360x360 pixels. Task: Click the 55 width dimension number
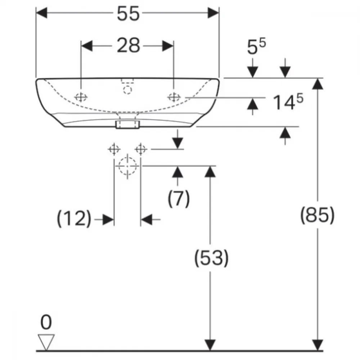(x=128, y=14)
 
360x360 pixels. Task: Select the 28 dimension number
(x=129, y=45)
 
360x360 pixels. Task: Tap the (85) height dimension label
(x=318, y=215)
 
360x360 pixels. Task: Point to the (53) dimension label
(x=211, y=258)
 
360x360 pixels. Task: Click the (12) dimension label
(x=74, y=219)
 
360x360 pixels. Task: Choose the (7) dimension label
(x=179, y=198)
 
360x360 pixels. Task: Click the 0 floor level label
(x=46, y=322)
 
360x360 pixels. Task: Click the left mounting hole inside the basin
(x=81, y=97)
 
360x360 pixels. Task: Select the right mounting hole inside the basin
(x=174, y=97)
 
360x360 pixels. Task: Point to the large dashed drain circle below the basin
(x=128, y=166)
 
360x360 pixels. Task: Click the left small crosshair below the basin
(x=114, y=149)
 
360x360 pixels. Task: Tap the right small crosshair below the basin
(x=141, y=149)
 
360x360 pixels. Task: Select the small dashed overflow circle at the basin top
(x=128, y=90)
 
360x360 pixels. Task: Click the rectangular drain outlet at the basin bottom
(x=128, y=125)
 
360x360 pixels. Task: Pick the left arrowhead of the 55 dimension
(x=42, y=13)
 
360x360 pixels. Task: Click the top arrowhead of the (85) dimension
(x=318, y=84)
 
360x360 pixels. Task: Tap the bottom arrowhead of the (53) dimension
(x=210, y=345)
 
